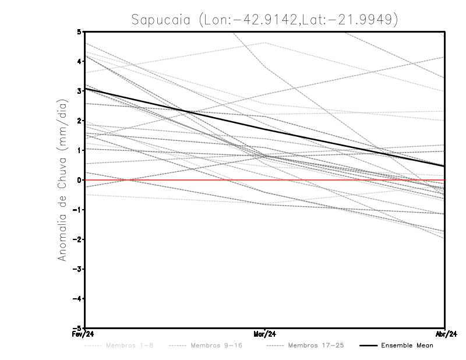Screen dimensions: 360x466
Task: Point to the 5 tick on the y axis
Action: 79,31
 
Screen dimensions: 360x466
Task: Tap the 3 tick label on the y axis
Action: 79,91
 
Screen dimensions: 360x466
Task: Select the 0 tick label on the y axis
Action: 79,180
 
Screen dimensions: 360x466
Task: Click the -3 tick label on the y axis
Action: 77,269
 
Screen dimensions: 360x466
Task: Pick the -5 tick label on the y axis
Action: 77,328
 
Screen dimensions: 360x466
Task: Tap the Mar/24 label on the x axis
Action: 265,334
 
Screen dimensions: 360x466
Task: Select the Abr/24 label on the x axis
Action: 445,334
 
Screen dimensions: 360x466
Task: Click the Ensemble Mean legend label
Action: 407,345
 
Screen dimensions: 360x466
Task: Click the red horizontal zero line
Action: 349,180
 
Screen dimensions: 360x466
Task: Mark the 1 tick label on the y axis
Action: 79,150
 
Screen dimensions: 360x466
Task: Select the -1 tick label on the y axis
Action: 77,210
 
